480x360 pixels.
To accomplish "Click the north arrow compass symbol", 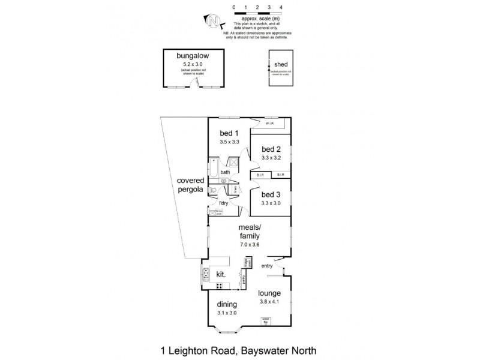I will (213, 21).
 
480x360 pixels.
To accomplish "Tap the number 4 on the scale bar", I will (281, 7).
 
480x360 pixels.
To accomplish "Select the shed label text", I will (280, 64).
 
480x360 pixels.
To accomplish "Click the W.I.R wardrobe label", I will (270, 124).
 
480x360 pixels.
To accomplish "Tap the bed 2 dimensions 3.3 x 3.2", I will (271, 158).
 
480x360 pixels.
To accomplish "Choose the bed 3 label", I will (271, 194).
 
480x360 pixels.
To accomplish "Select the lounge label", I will (270, 293).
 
